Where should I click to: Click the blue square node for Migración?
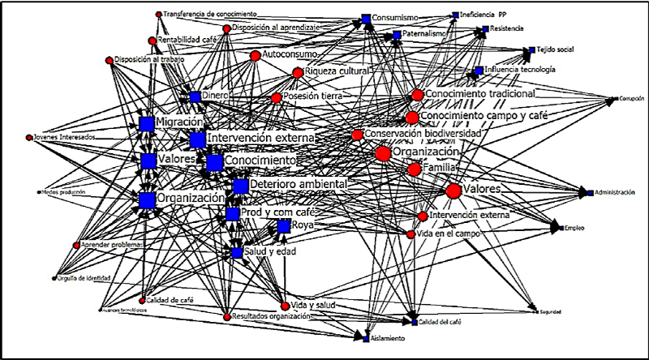point(147,123)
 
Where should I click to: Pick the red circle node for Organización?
point(383,153)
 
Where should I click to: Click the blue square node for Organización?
point(147,199)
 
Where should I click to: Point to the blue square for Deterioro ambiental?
point(240,186)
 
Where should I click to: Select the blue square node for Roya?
point(283,226)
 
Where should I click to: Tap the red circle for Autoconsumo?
point(256,56)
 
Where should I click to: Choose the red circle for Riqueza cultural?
point(297,73)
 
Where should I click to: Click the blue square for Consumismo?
point(367,18)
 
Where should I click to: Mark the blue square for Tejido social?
point(529,50)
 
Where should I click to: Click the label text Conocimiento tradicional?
point(479,95)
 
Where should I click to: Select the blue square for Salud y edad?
point(236,253)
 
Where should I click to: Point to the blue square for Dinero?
point(196,96)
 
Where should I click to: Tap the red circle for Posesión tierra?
point(277,98)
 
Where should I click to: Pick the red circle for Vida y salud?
point(285,306)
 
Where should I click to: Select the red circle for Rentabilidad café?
point(152,41)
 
